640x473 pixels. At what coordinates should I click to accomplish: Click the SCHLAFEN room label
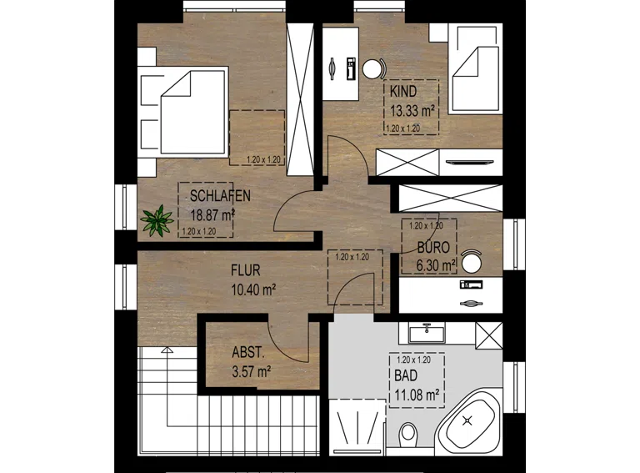220,196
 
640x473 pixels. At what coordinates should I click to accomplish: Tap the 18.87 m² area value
212,215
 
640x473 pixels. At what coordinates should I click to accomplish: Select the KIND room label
403,92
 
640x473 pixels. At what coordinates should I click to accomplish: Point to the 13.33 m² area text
412,111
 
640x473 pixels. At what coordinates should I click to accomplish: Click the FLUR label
245,270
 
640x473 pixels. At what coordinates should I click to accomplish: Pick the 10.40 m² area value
253,289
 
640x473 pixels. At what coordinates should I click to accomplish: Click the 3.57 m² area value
252,372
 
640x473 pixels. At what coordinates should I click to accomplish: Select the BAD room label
406,375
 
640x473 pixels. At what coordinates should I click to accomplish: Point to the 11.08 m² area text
417,395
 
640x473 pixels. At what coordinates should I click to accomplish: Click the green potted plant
157,220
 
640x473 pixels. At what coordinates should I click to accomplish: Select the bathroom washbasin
427,334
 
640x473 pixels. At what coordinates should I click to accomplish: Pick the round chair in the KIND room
373,69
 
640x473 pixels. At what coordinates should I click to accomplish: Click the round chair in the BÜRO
472,261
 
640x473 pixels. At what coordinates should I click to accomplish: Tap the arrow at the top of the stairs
167,350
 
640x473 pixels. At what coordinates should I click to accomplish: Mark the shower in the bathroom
357,427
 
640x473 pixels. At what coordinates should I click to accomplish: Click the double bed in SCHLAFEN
182,112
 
